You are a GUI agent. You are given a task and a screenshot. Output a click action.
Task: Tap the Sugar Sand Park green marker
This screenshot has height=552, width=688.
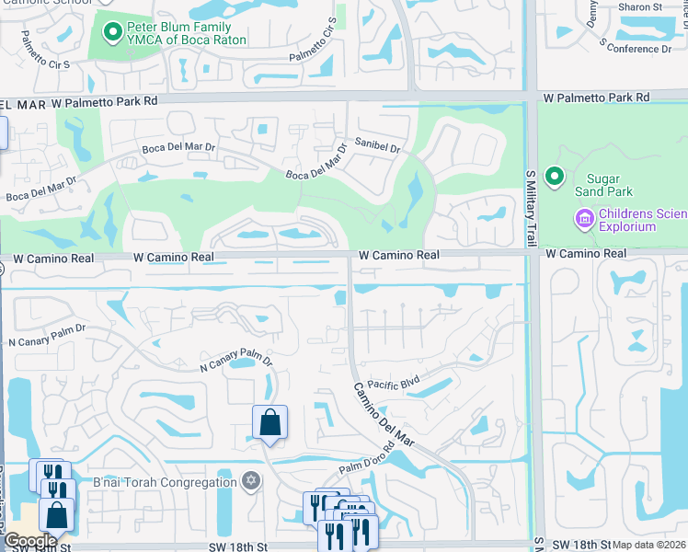[554, 176]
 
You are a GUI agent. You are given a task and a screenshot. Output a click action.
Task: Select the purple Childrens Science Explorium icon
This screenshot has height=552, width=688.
[583, 220]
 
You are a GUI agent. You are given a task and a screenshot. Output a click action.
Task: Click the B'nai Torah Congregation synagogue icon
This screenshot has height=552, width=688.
[250, 481]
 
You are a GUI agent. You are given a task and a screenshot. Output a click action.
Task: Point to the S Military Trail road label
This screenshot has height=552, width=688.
[531, 207]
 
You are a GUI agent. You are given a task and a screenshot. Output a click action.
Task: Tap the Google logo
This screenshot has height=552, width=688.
[30, 541]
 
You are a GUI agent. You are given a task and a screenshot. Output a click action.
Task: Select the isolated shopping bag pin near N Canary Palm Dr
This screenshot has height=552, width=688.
[270, 423]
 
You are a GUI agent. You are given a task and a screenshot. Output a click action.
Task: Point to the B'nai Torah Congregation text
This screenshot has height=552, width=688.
[165, 482]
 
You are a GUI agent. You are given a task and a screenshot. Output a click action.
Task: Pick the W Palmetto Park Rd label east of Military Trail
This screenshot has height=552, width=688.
[596, 97]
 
